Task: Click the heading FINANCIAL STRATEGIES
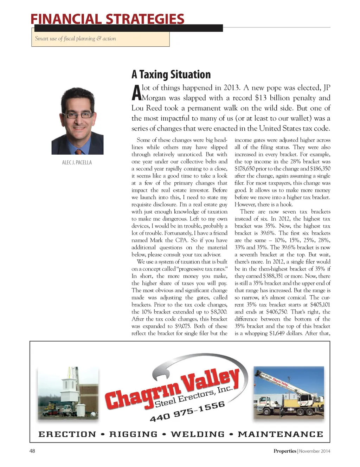coord(107,19)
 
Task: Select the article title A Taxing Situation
coord(171,74)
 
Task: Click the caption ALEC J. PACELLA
coord(77,162)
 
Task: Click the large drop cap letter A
coord(136,93)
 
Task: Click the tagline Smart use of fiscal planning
coord(75,39)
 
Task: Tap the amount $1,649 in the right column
coord(279,333)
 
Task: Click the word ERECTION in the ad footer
coord(67,434)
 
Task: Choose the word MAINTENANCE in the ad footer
coord(280,434)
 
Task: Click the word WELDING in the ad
coord(198,434)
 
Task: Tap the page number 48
coord(32,451)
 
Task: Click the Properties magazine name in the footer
coord(285,451)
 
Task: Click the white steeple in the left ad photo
coord(70,390)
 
